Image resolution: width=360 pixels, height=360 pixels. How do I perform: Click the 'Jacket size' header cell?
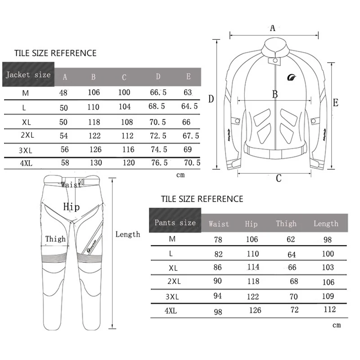[x=28, y=74]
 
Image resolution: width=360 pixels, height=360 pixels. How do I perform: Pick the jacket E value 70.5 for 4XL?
[x=191, y=163]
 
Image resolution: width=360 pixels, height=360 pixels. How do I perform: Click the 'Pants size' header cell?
[x=175, y=222]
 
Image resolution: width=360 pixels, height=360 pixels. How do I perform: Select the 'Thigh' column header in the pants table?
[x=286, y=224]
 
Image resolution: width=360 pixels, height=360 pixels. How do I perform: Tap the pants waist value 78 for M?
[x=218, y=240]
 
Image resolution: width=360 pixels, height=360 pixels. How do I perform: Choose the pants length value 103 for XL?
[x=328, y=268]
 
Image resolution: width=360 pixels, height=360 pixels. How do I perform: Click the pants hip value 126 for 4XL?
[x=255, y=310]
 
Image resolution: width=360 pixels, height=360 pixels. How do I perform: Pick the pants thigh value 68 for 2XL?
[x=294, y=282]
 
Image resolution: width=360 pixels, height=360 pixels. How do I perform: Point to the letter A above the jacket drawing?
[x=272, y=28]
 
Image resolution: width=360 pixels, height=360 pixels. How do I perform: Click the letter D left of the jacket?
[x=211, y=99]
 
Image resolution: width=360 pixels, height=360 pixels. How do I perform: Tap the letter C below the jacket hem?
[x=279, y=178]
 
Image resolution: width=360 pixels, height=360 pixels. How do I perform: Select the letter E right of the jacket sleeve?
[x=335, y=103]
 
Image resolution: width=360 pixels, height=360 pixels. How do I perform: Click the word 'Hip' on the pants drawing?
[x=71, y=207]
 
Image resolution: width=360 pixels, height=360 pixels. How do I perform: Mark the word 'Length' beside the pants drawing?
[x=127, y=234]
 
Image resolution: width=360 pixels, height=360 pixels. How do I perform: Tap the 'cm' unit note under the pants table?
[x=336, y=325]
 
